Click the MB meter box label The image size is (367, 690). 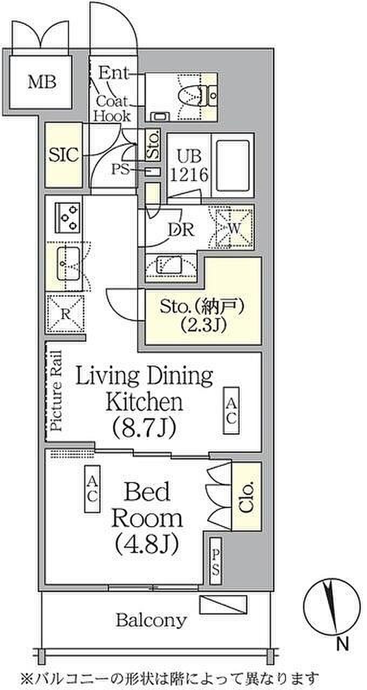(x=42, y=82)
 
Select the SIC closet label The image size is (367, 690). (x=64, y=155)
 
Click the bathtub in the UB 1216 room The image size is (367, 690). (x=233, y=165)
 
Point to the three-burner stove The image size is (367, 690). (x=68, y=217)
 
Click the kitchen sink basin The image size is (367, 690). (x=69, y=264)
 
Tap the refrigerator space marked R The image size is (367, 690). (x=65, y=314)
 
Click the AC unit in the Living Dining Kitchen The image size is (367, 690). (x=231, y=411)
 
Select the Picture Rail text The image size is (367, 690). (x=56, y=391)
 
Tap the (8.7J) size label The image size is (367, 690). (x=144, y=428)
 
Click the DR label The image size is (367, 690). (x=181, y=229)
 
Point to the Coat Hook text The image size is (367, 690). (x=112, y=109)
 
